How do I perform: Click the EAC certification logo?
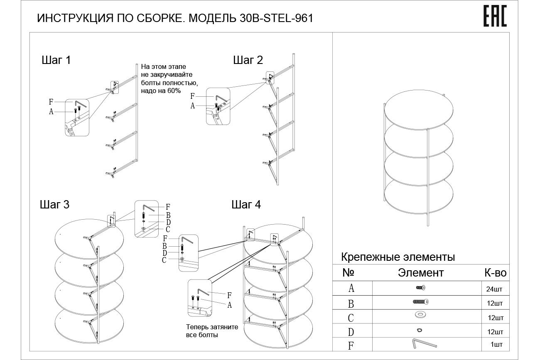[x=495, y=17]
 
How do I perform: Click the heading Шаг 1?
[x=56, y=60]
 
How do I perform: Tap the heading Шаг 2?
[x=248, y=60]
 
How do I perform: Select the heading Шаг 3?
[x=54, y=205]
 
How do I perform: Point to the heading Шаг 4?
[x=246, y=205]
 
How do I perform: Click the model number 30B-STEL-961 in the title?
[x=276, y=18]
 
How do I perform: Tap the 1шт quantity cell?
[x=496, y=344]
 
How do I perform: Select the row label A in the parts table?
[x=351, y=288]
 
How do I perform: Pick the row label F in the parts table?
[x=351, y=345]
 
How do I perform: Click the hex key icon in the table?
[x=424, y=344]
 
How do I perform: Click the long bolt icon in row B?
[x=420, y=302]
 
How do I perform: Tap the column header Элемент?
[x=420, y=273]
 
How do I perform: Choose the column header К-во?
[x=495, y=273]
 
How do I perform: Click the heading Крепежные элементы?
[x=398, y=257]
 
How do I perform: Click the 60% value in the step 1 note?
[x=174, y=91]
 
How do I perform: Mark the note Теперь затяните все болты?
[x=212, y=331]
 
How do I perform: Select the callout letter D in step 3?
[x=169, y=222]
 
